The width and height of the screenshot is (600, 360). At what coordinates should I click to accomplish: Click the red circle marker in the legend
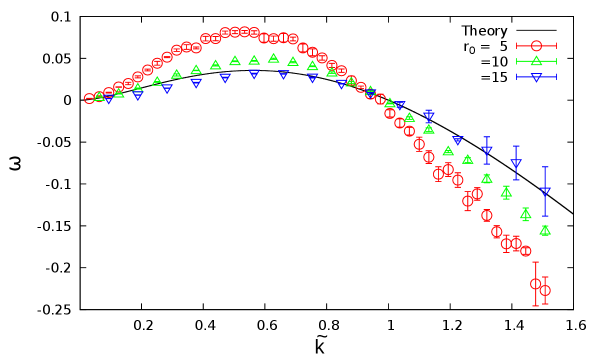coord(536,46)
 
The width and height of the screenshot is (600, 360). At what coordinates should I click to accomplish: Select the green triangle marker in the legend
coord(536,61)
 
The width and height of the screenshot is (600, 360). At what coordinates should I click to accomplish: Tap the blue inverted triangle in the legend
coord(536,77)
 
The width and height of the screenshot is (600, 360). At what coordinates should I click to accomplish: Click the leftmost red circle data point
coord(89,98)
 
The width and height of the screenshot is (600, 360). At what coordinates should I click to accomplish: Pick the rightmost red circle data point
coord(545,290)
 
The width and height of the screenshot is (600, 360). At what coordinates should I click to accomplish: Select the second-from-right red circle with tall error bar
coord(536,284)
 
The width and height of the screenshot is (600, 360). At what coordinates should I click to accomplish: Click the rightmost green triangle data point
coord(545,230)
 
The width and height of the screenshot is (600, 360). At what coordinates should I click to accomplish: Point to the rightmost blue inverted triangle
coord(545,192)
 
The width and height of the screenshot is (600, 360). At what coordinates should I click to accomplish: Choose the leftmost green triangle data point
coord(99,97)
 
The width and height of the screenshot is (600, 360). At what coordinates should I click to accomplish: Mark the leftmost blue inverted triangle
coord(109,100)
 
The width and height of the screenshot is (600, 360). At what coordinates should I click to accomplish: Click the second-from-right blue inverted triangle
coord(516,163)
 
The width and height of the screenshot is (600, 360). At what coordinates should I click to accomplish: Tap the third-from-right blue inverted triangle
coord(487,151)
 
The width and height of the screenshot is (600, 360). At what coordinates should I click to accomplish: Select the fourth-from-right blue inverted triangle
coord(458,141)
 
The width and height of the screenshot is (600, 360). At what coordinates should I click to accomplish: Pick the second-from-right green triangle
coord(526,214)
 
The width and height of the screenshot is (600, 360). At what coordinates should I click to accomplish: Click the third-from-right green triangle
coord(506,192)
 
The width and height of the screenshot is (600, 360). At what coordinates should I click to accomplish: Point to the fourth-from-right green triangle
coord(487,179)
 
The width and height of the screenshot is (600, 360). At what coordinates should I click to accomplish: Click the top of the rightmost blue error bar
coord(545,167)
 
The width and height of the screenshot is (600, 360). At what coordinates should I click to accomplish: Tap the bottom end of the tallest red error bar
coord(536,306)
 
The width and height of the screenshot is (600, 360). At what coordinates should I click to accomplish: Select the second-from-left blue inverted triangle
coord(138,96)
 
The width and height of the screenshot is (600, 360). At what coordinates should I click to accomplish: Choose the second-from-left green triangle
coord(119,93)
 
